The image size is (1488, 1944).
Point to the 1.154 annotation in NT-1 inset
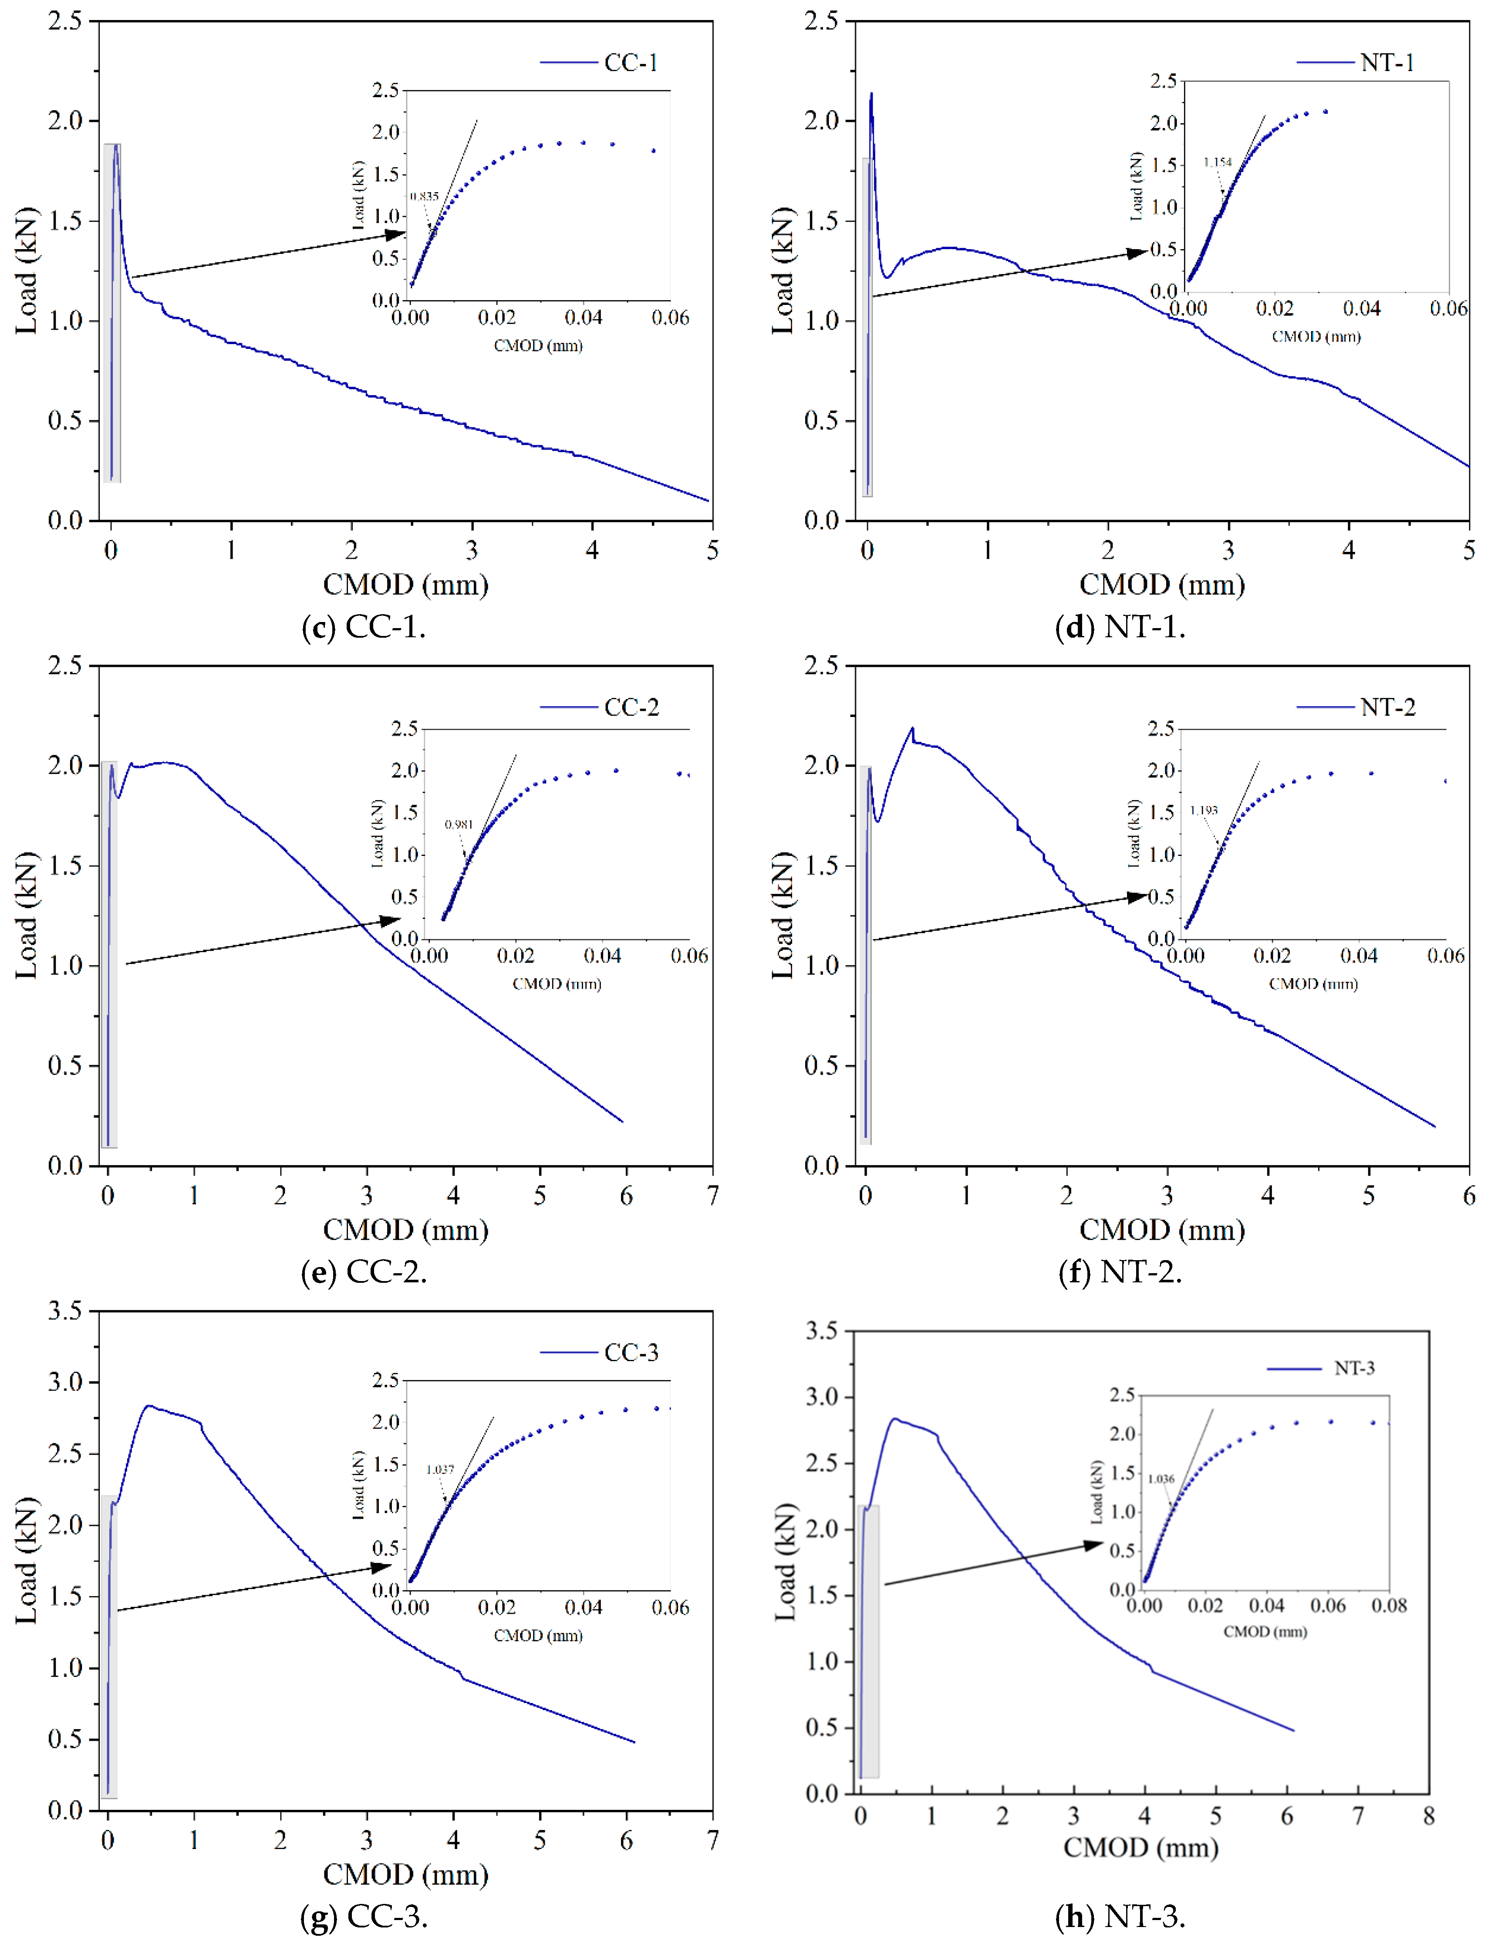coord(1217,162)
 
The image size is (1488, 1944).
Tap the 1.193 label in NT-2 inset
coord(1204,810)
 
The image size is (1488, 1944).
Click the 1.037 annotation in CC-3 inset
coord(440,1470)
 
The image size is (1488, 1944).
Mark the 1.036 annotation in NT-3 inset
coord(1161,1479)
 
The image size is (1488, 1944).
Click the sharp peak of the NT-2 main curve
coord(912,728)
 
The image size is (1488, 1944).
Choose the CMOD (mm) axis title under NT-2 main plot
coord(1162,1230)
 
